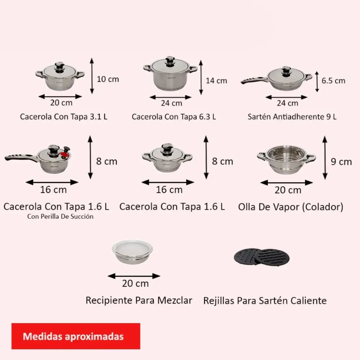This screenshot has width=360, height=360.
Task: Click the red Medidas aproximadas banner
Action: (x=76, y=336)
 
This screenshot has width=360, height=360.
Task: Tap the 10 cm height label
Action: (x=108, y=79)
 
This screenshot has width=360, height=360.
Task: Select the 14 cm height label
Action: (x=216, y=81)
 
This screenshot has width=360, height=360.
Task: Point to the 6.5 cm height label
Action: (x=333, y=81)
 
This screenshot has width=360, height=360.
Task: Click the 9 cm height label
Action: (x=341, y=162)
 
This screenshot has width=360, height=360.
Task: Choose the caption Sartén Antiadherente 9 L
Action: (x=292, y=117)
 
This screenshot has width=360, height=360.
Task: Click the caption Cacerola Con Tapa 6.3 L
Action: (x=174, y=117)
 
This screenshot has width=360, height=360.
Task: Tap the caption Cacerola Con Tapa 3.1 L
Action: (x=64, y=117)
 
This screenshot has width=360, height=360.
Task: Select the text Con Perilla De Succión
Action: (x=60, y=217)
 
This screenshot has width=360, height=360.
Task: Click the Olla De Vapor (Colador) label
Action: (x=291, y=207)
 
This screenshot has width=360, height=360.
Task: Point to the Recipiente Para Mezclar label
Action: (x=139, y=300)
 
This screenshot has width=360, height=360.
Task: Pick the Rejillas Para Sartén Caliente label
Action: (x=265, y=301)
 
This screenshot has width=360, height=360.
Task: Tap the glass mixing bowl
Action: (x=133, y=252)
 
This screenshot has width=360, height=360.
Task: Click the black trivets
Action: (x=262, y=257)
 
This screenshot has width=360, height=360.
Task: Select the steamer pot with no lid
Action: (x=286, y=159)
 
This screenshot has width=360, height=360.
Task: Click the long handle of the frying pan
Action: (x=254, y=81)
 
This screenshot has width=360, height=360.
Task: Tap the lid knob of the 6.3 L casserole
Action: (x=170, y=62)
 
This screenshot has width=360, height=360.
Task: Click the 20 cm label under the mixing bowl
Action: (x=135, y=284)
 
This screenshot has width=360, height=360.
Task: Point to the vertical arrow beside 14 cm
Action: (x=201, y=78)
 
